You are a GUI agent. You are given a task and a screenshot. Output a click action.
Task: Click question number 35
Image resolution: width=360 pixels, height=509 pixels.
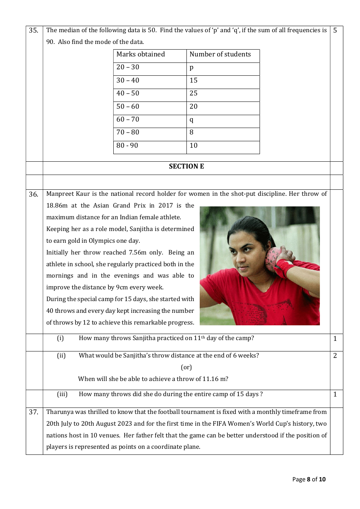(33, 30)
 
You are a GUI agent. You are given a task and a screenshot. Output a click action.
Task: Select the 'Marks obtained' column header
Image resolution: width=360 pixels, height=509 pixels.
(141, 55)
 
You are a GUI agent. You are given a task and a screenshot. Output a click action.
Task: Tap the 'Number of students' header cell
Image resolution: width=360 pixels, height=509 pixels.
(220, 55)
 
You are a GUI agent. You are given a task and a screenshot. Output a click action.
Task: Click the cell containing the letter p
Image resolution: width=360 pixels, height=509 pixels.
(191, 68)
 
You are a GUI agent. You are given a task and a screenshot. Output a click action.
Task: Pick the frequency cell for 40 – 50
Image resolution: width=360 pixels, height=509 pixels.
(194, 94)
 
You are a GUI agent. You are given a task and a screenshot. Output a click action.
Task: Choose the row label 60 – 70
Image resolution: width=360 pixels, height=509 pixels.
(128, 120)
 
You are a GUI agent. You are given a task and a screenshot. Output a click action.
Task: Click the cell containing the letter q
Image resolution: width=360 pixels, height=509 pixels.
(191, 120)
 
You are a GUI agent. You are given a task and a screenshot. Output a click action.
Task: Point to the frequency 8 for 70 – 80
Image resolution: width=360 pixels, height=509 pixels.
(191, 133)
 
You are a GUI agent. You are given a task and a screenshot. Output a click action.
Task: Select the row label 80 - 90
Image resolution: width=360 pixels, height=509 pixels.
(127, 146)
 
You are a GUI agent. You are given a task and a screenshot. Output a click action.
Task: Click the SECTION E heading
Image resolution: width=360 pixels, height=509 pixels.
(186, 167)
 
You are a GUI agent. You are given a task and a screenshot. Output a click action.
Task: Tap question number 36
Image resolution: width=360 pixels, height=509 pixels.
(33, 194)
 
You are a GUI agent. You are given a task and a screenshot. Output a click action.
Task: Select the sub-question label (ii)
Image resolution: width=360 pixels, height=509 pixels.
(61, 356)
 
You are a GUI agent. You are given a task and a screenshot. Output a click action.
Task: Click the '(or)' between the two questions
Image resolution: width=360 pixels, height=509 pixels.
(186, 367)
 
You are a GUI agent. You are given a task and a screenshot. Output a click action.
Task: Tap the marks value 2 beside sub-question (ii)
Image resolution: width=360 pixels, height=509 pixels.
(335, 356)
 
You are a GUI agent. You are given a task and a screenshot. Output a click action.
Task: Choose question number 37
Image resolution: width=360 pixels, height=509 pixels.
(33, 412)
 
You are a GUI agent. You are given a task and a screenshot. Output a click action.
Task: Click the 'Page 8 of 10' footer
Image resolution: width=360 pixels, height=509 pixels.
(309, 479)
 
